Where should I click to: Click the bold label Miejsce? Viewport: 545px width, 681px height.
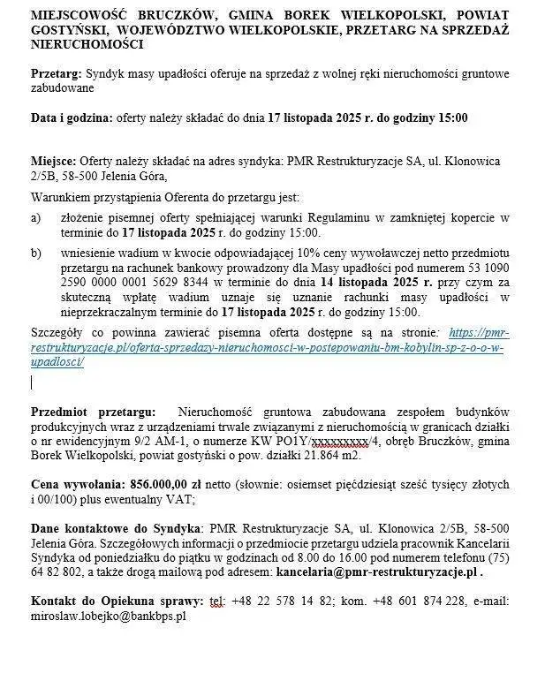coord(54,163)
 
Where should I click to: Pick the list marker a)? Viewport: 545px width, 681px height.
coord(36,218)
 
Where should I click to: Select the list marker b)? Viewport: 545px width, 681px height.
coord(36,254)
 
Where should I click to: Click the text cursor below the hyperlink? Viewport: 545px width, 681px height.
coord(32,382)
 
